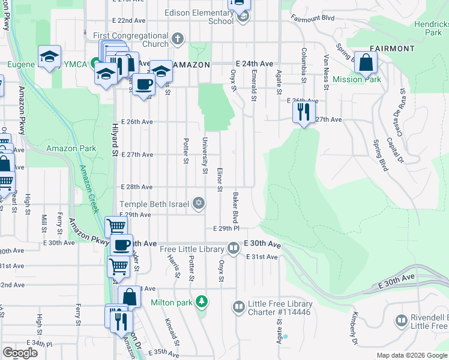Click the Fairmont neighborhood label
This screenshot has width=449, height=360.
(x=392, y=48)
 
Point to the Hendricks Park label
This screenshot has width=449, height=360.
(x=431, y=28)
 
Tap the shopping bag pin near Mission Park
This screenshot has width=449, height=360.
(x=365, y=63)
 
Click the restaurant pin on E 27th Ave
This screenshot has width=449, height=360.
(x=303, y=112)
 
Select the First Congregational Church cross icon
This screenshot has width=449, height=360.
(x=177, y=40)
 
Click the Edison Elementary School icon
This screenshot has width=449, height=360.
(x=244, y=17)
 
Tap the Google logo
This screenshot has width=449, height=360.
(x=20, y=353)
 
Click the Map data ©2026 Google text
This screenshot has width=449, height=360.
(x=411, y=355)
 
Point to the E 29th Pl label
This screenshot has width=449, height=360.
(x=226, y=229)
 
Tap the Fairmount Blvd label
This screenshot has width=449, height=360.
(x=312, y=18)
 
